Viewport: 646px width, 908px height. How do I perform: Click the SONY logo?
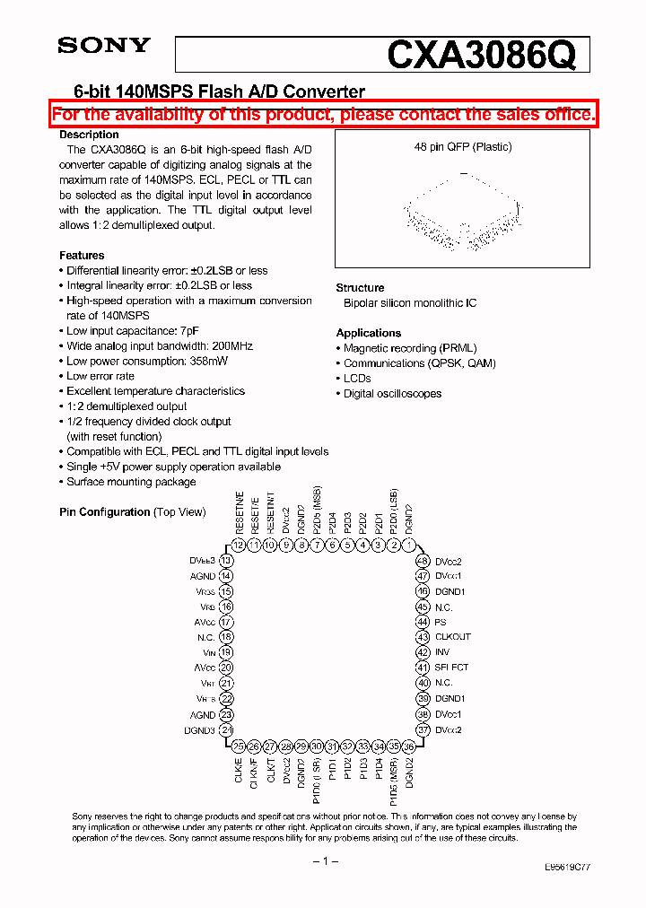click(x=104, y=47)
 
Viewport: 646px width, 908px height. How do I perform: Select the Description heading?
click(x=89, y=135)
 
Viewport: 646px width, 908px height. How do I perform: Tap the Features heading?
click(x=82, y=256)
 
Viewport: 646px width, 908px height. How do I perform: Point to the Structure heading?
click(x=360, y=288)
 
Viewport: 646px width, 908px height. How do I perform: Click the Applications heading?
click(x=368, y=333)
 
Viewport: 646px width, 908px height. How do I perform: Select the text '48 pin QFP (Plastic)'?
click(x=462, y=147)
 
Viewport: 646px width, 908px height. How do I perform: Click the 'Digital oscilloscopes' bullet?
click(x=392, y=394)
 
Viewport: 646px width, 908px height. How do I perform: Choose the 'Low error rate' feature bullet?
click(x=100, y=376)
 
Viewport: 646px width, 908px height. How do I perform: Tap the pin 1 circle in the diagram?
click(x=409, y=545)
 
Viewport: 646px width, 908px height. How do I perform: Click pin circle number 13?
click(x=226, y=561)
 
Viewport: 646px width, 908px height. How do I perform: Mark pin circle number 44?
click(x=422, y=622)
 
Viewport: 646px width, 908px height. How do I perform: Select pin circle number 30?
click(x=317, y=746)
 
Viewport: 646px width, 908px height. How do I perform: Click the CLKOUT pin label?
click(x=452, y=637)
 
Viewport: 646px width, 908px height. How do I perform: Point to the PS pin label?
click(x=440, y=622)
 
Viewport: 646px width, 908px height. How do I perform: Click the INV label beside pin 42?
click(x=441, y=652)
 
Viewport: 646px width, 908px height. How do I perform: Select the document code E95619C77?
click(x=567, y=868)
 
